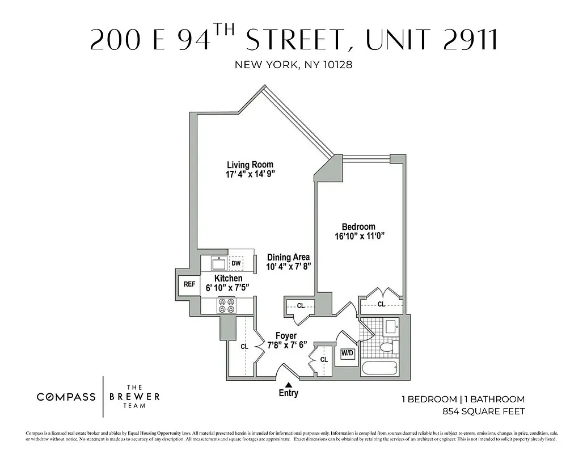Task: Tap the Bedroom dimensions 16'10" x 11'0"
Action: (363, 237)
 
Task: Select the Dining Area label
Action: (288, 257)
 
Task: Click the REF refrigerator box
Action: (189, 284)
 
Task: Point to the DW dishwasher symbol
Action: (236, 263)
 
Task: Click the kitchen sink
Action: (218, 263)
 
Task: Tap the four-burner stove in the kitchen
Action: (227, 305)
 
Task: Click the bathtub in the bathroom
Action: (381, 368)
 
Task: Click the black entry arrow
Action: (288, 385)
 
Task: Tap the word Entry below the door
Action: (288, 393)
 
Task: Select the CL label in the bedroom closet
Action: (381, 304)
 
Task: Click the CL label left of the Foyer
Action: (244, 346)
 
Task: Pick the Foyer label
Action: (286, 336)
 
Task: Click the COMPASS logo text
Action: (66, 397)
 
